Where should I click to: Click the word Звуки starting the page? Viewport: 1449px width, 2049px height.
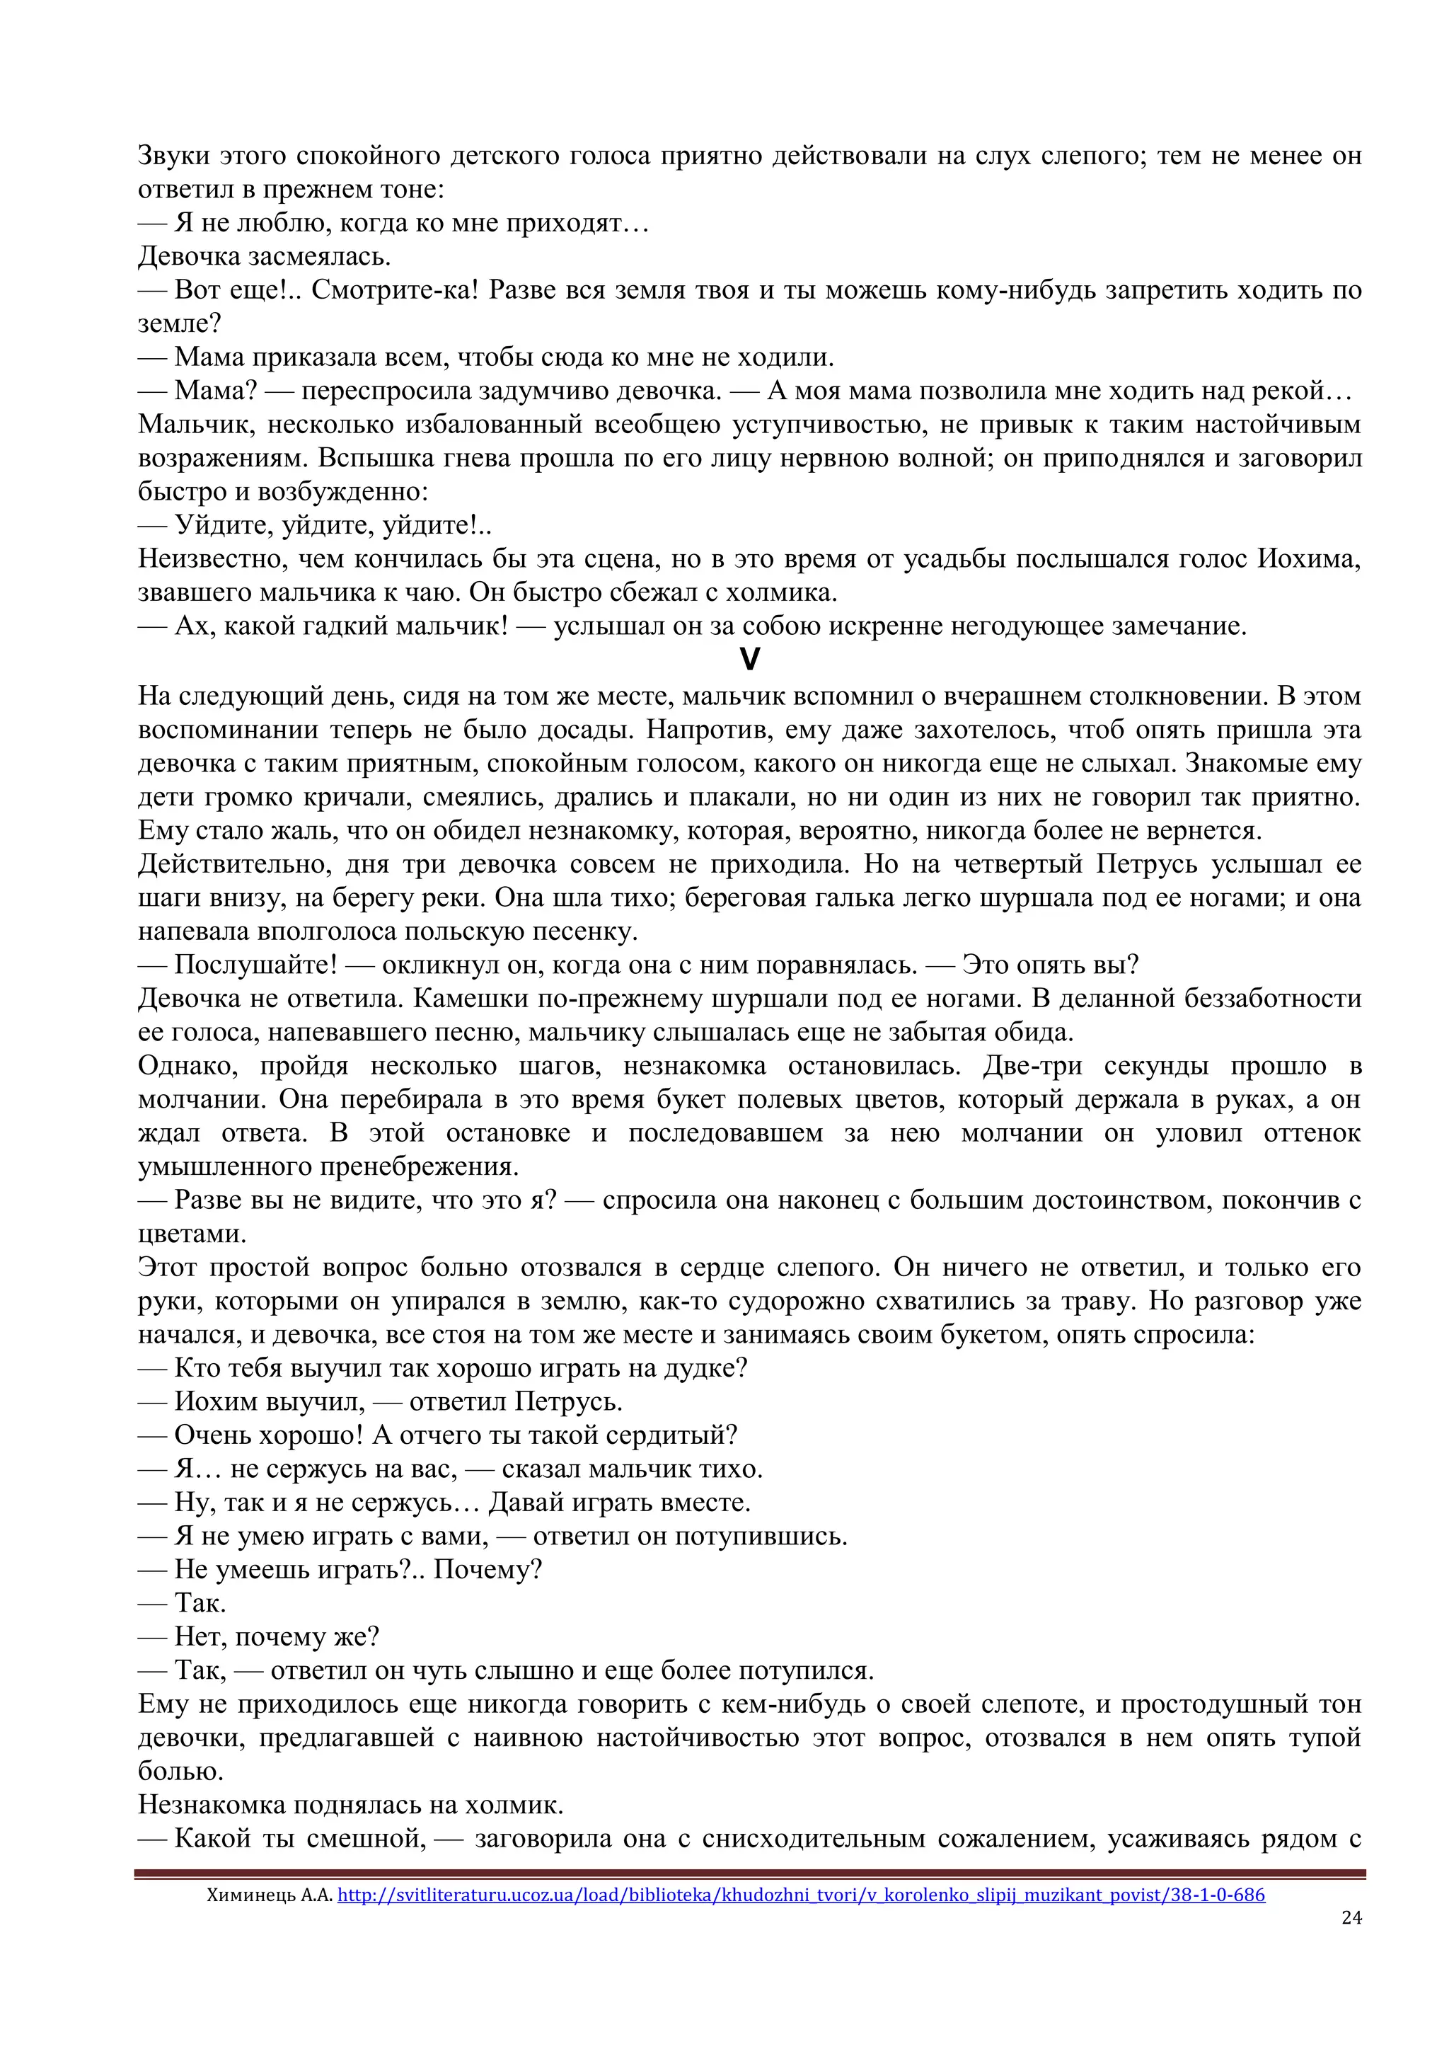coord(173,156)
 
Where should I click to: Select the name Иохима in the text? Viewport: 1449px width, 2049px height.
coord(1309,560)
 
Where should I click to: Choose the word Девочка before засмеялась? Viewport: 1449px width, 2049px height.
coord(189,257)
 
